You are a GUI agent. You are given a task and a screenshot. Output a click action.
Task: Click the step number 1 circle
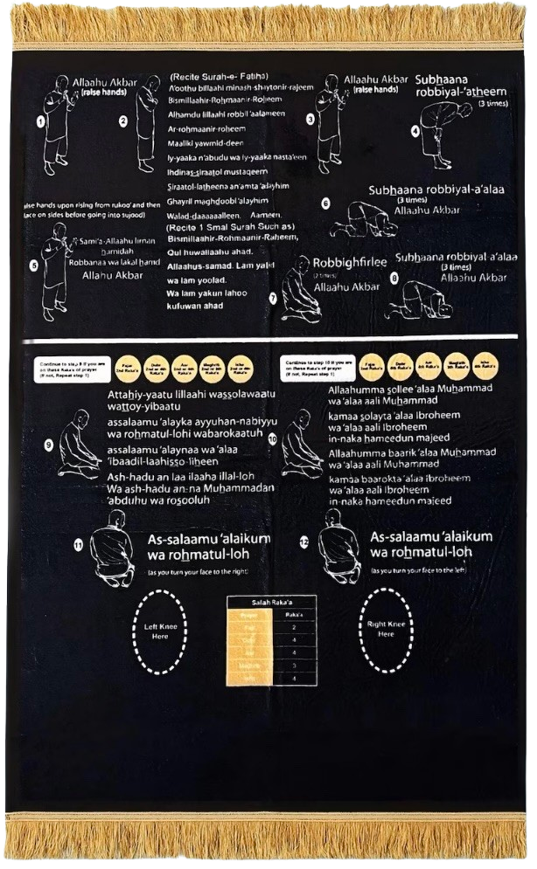[40, 121]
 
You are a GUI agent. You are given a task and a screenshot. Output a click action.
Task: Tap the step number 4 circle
[415, 132]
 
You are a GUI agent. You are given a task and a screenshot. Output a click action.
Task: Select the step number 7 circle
[273, 298]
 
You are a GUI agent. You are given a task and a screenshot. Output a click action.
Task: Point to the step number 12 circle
[304, 543]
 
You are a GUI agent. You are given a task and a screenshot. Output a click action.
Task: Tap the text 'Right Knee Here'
[386, 629]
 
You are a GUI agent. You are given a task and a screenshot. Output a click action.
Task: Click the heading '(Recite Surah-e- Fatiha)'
[219, 75]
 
